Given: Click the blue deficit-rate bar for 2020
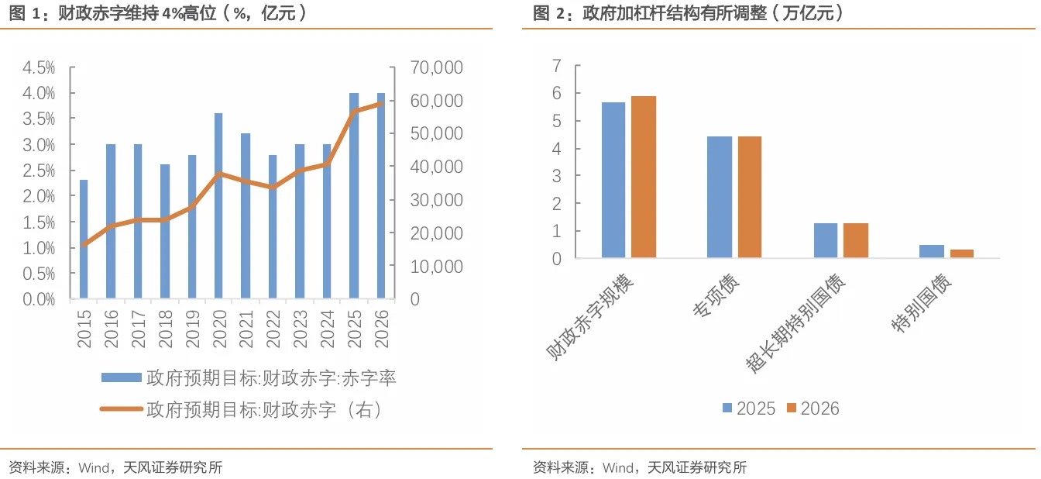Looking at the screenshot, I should (x=218, y=205).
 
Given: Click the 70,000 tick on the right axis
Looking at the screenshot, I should (x=437, y=67).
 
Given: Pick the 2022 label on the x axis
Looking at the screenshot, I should (x=273, y=329).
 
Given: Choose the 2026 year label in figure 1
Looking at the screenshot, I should (x=381, y=329).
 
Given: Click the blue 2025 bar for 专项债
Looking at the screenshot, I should (x=720, y=197).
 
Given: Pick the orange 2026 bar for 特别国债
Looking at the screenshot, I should (x=962, y=253).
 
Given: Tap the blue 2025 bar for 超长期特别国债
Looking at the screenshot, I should (x=826, y=240).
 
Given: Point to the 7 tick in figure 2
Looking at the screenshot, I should (x=555, y=66).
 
